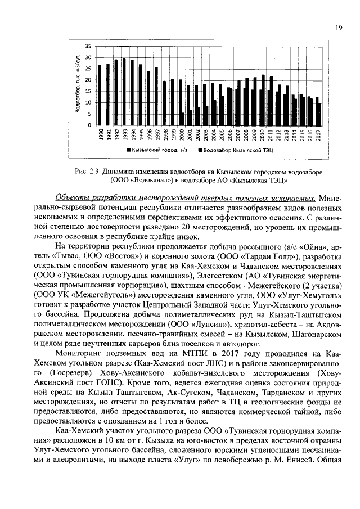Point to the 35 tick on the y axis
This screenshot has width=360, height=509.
click(x=88, y=46)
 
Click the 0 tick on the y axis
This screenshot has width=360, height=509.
click(x=90, y=125)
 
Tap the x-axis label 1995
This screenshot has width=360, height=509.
click(x=140, y=138)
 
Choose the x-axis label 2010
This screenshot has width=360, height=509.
click(x=262, y=138)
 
